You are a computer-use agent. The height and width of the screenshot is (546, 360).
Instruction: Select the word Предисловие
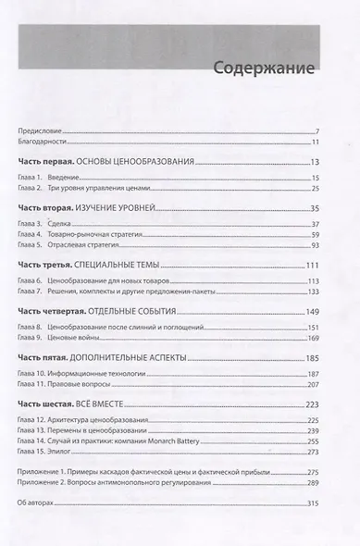(40, 131)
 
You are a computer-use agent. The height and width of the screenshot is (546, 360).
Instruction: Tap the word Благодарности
(43, 142)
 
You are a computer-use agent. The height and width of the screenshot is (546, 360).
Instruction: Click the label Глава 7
(32, 292)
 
